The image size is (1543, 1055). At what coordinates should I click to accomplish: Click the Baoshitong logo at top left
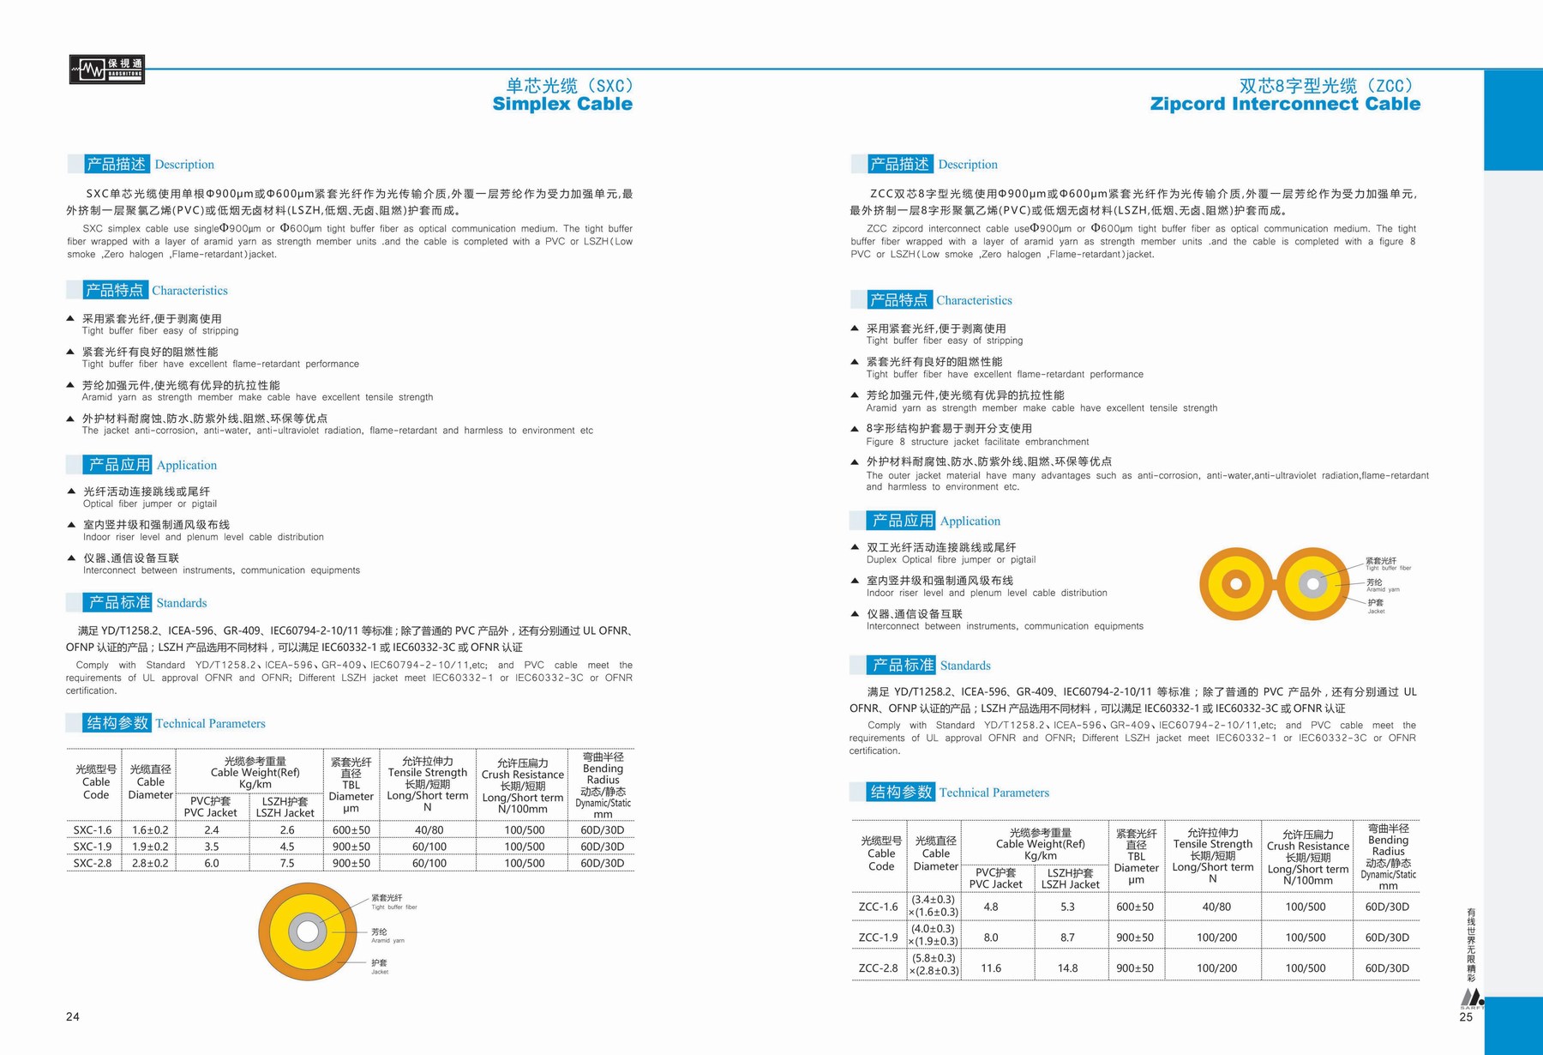tap(106, 69)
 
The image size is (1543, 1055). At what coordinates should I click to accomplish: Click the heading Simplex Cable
tap(562, 104)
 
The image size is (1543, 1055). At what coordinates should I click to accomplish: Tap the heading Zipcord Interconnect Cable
tap(1284, 104)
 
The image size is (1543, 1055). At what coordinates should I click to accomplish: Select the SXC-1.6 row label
tap(93, 829)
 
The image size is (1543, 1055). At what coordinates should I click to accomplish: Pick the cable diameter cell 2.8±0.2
tap(150, 863)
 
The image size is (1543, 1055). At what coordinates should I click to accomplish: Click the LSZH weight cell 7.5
tap(286, 863)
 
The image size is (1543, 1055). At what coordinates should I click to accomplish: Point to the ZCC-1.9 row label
tap(878, 937)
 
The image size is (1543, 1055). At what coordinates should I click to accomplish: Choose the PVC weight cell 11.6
tap(991, 968)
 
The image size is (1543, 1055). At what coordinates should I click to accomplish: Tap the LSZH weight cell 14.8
tap(1067, 968)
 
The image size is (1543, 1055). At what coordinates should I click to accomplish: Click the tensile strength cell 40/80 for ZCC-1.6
tap(1216, 907)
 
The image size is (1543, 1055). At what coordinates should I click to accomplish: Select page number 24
tap(73, 1016)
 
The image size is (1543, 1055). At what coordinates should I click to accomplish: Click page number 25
tap(1466, 1016)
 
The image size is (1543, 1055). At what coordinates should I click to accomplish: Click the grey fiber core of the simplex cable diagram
tap(308, 931)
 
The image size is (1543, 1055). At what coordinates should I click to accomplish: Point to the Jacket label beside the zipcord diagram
tap(1375, 606)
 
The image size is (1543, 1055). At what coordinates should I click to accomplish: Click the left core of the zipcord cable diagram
tap(1236, 584)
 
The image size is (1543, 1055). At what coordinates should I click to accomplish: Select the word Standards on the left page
tap(182, 603)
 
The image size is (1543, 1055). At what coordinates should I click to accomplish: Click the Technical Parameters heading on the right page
tap(994, 793)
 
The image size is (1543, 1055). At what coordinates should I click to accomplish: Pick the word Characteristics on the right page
tap(974, 300)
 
